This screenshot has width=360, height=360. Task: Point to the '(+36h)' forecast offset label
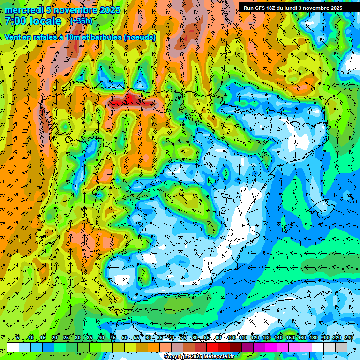coord(81,21)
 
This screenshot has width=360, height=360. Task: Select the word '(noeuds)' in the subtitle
coord(140,37)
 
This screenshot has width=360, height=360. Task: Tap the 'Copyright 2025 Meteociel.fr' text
coord(199,356)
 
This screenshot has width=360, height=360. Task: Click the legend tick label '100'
coord(232,338)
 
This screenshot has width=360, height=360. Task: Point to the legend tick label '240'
coord(348,338)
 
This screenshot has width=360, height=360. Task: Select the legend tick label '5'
coord(18,338)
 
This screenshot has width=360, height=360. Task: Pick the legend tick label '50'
coord(124,338)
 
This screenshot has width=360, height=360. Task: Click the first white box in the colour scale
coord(13,347)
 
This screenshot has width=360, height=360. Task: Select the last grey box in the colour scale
coord(341,347)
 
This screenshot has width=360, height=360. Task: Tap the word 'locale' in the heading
coord(45,21)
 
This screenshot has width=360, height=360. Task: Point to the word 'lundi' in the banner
coord(292,8)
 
